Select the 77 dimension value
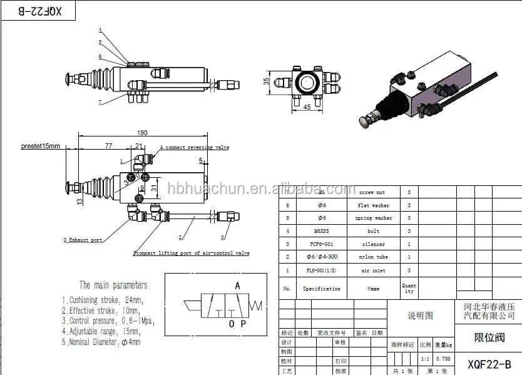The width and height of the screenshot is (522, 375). pyautogui.click(x=108, y=145)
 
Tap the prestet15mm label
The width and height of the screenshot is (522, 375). pyautogui.click(x=40, y=146)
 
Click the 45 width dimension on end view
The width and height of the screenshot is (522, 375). pyautogui.click(x=307, y=106)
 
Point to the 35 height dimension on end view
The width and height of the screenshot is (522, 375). pyautogui.click(x=267, y=81)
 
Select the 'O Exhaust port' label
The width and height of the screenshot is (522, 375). pyautogui.click(x=83, y=240)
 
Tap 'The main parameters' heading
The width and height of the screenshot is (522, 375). pyautogui.click(x=113, y=285)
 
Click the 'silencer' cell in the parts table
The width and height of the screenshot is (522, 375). pyautogui.click(x=373, y=244)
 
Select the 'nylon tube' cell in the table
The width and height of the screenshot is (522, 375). pyautogui.click(x=373, y=257)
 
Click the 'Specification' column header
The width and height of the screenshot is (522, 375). pyautogui.click(x=322, y=289)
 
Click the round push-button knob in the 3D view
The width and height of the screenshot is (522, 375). pyautogui.click(x=365, y=121)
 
